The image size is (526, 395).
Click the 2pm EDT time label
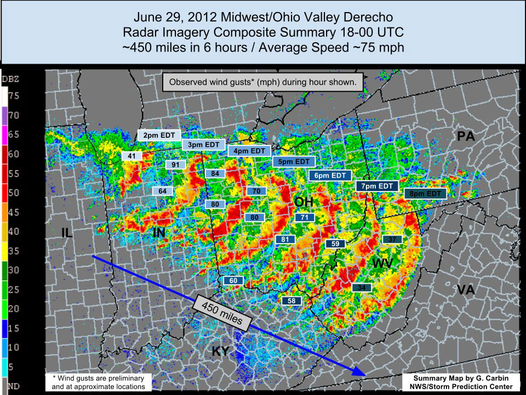[158, 135]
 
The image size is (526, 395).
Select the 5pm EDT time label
[294, 162]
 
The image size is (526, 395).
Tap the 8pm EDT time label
[426, 194]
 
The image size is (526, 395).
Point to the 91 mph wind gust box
[175, 165]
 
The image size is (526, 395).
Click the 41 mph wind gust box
[131, 156]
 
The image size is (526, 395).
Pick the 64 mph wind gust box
[162, 191]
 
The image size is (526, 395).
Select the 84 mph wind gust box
[215, 174]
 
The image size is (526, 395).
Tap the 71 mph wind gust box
[305, 218]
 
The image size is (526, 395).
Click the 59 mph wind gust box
[336, 244]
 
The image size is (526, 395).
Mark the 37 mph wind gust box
[392, 239]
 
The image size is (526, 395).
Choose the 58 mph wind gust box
[291, 301]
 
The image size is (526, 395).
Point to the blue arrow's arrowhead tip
[364, 375]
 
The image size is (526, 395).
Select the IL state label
[67, 233]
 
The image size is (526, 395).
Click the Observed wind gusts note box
[263, 83]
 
